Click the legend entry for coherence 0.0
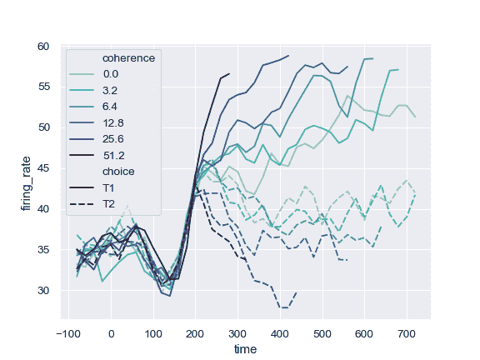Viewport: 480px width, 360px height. coord(112,73)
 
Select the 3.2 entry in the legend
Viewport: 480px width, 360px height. coord(112,89)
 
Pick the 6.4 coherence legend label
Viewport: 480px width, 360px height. coord(112,106)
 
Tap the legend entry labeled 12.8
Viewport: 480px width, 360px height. coord(114,122)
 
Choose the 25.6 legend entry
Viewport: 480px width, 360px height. coord(114,138)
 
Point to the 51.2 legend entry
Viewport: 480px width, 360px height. coord(114,155)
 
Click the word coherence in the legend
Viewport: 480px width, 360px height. coord(130,57)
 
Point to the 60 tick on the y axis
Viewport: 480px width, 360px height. coord(45,47)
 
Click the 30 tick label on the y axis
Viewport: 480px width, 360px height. coord(45,291)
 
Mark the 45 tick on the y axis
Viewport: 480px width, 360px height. coord(45,168)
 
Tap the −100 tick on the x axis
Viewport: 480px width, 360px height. coord(67,332)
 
